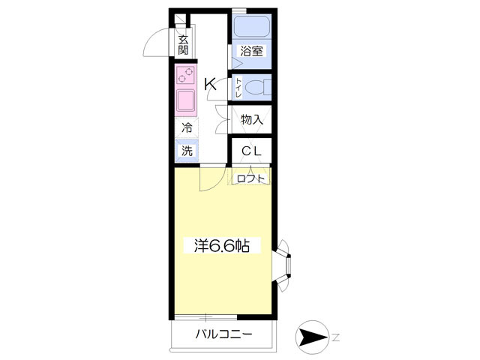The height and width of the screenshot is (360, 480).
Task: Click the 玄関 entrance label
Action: click(183, 45)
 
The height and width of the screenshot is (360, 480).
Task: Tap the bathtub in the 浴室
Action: click(252, 27)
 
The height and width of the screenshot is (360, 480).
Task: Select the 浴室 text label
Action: click(252, 51)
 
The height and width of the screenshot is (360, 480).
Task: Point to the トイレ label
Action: click(238, 88)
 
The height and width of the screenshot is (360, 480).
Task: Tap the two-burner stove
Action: click(186, 76)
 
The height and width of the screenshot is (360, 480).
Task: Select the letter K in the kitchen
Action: click(211, 84)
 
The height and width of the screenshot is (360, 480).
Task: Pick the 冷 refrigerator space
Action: click(187, 128)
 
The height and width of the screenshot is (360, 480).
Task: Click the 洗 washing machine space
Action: click(187, 151)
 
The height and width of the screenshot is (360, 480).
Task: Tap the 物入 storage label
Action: click(252, 120)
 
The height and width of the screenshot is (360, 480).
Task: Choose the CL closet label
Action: click(252, 151)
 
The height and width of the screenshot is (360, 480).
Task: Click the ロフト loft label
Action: click(250, 178)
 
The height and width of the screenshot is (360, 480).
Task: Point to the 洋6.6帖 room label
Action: click(222, 245)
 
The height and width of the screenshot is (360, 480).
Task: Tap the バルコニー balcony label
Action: click(223, 334)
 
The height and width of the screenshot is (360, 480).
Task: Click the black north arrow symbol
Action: click(313, 337)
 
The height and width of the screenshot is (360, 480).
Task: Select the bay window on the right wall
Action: click(283, 265)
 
